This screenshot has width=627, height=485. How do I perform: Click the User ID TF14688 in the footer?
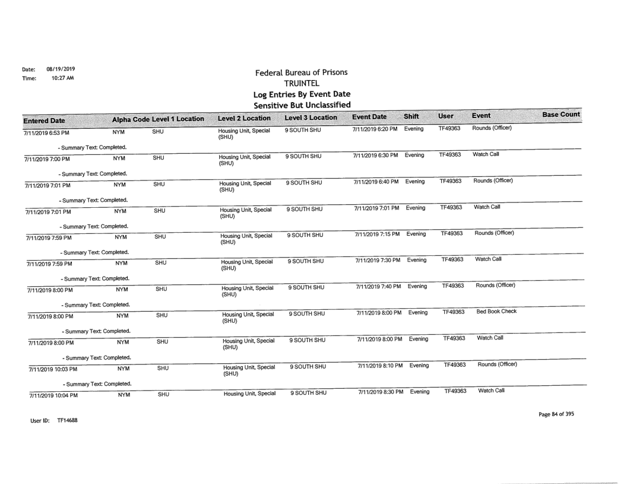coord(56,420)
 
